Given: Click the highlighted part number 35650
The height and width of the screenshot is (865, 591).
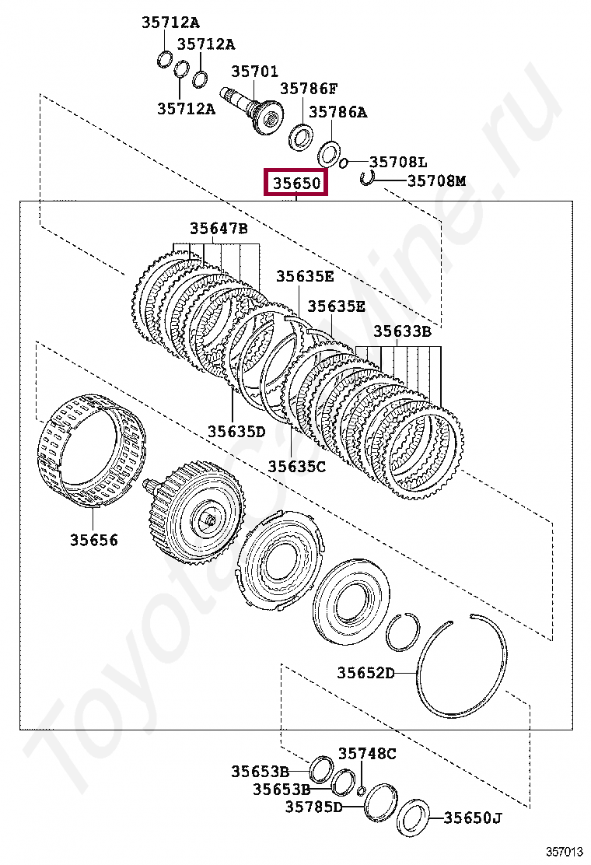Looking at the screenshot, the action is (296, 183).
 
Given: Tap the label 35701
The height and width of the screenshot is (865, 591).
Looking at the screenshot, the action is (254, 71).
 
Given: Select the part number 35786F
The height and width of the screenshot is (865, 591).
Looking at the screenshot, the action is (309, 88).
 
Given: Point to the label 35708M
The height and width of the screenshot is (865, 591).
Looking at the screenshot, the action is (436, 180).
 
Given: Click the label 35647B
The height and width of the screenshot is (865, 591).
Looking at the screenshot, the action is (219, 228).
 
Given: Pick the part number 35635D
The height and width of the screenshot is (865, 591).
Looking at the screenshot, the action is (236, 431).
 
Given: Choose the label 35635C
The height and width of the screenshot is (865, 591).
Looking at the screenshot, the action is (296, 466).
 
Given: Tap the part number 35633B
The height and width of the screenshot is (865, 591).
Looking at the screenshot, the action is (403, 331).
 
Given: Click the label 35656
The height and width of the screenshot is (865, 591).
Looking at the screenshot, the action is (94, 539).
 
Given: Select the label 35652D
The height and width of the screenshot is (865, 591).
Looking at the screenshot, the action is (366, 672).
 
